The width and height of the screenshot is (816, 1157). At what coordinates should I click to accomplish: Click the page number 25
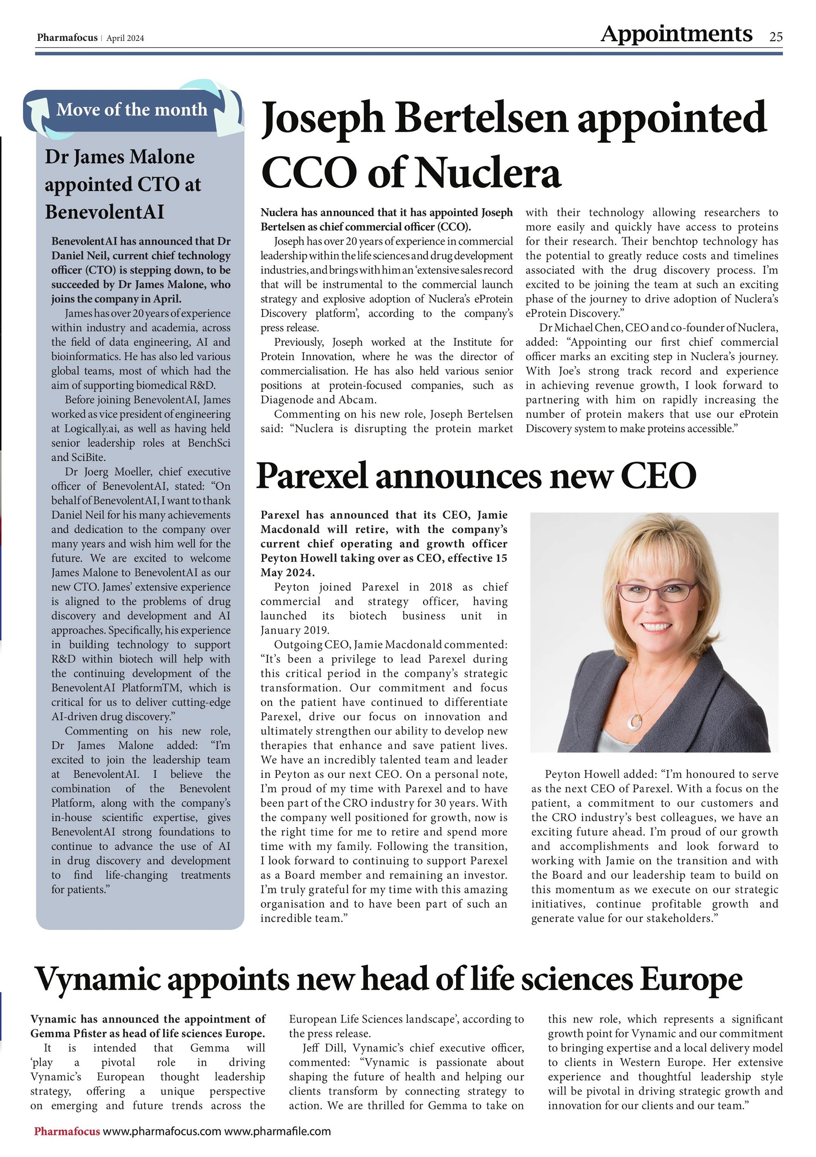tap(776, 37)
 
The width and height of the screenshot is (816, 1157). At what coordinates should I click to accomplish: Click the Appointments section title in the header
tap(676, 34)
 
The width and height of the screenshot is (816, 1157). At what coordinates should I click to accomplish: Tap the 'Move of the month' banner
tap(132, 109)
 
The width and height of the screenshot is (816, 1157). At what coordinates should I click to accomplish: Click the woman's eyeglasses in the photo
tap(658, 591)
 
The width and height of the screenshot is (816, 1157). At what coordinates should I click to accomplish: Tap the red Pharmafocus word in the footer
tap(67, 1131)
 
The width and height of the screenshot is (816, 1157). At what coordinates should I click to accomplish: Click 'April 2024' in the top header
tap(125, 38)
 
